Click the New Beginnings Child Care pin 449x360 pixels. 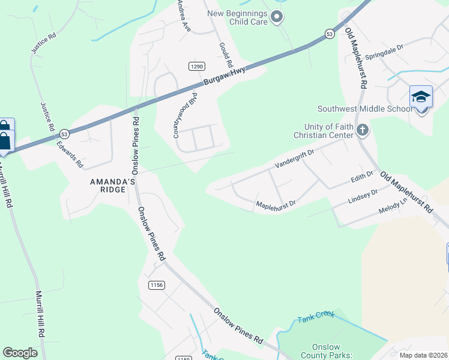pyautogui.click(x=276, y=17)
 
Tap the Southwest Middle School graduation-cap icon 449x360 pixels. pyautogui.click(x=421, y=97)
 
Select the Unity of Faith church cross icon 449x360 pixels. pyautogui.click(x=362, y=130)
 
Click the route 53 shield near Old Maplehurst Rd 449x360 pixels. pyautogui.click(x=330, y=35)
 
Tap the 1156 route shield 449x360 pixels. pyautogui.click(x=157, y=285)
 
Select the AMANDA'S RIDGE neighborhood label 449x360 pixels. pyautogui.click(x=108, y=185)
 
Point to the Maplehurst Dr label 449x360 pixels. pyautogui.click(x=276, y=205)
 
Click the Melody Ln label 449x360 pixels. pyautogui.click(x=393, y=208)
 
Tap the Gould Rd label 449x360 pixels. pyautogui.click(x=226, y=55)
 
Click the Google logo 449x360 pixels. pyautogui.click(x=20, y=353)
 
